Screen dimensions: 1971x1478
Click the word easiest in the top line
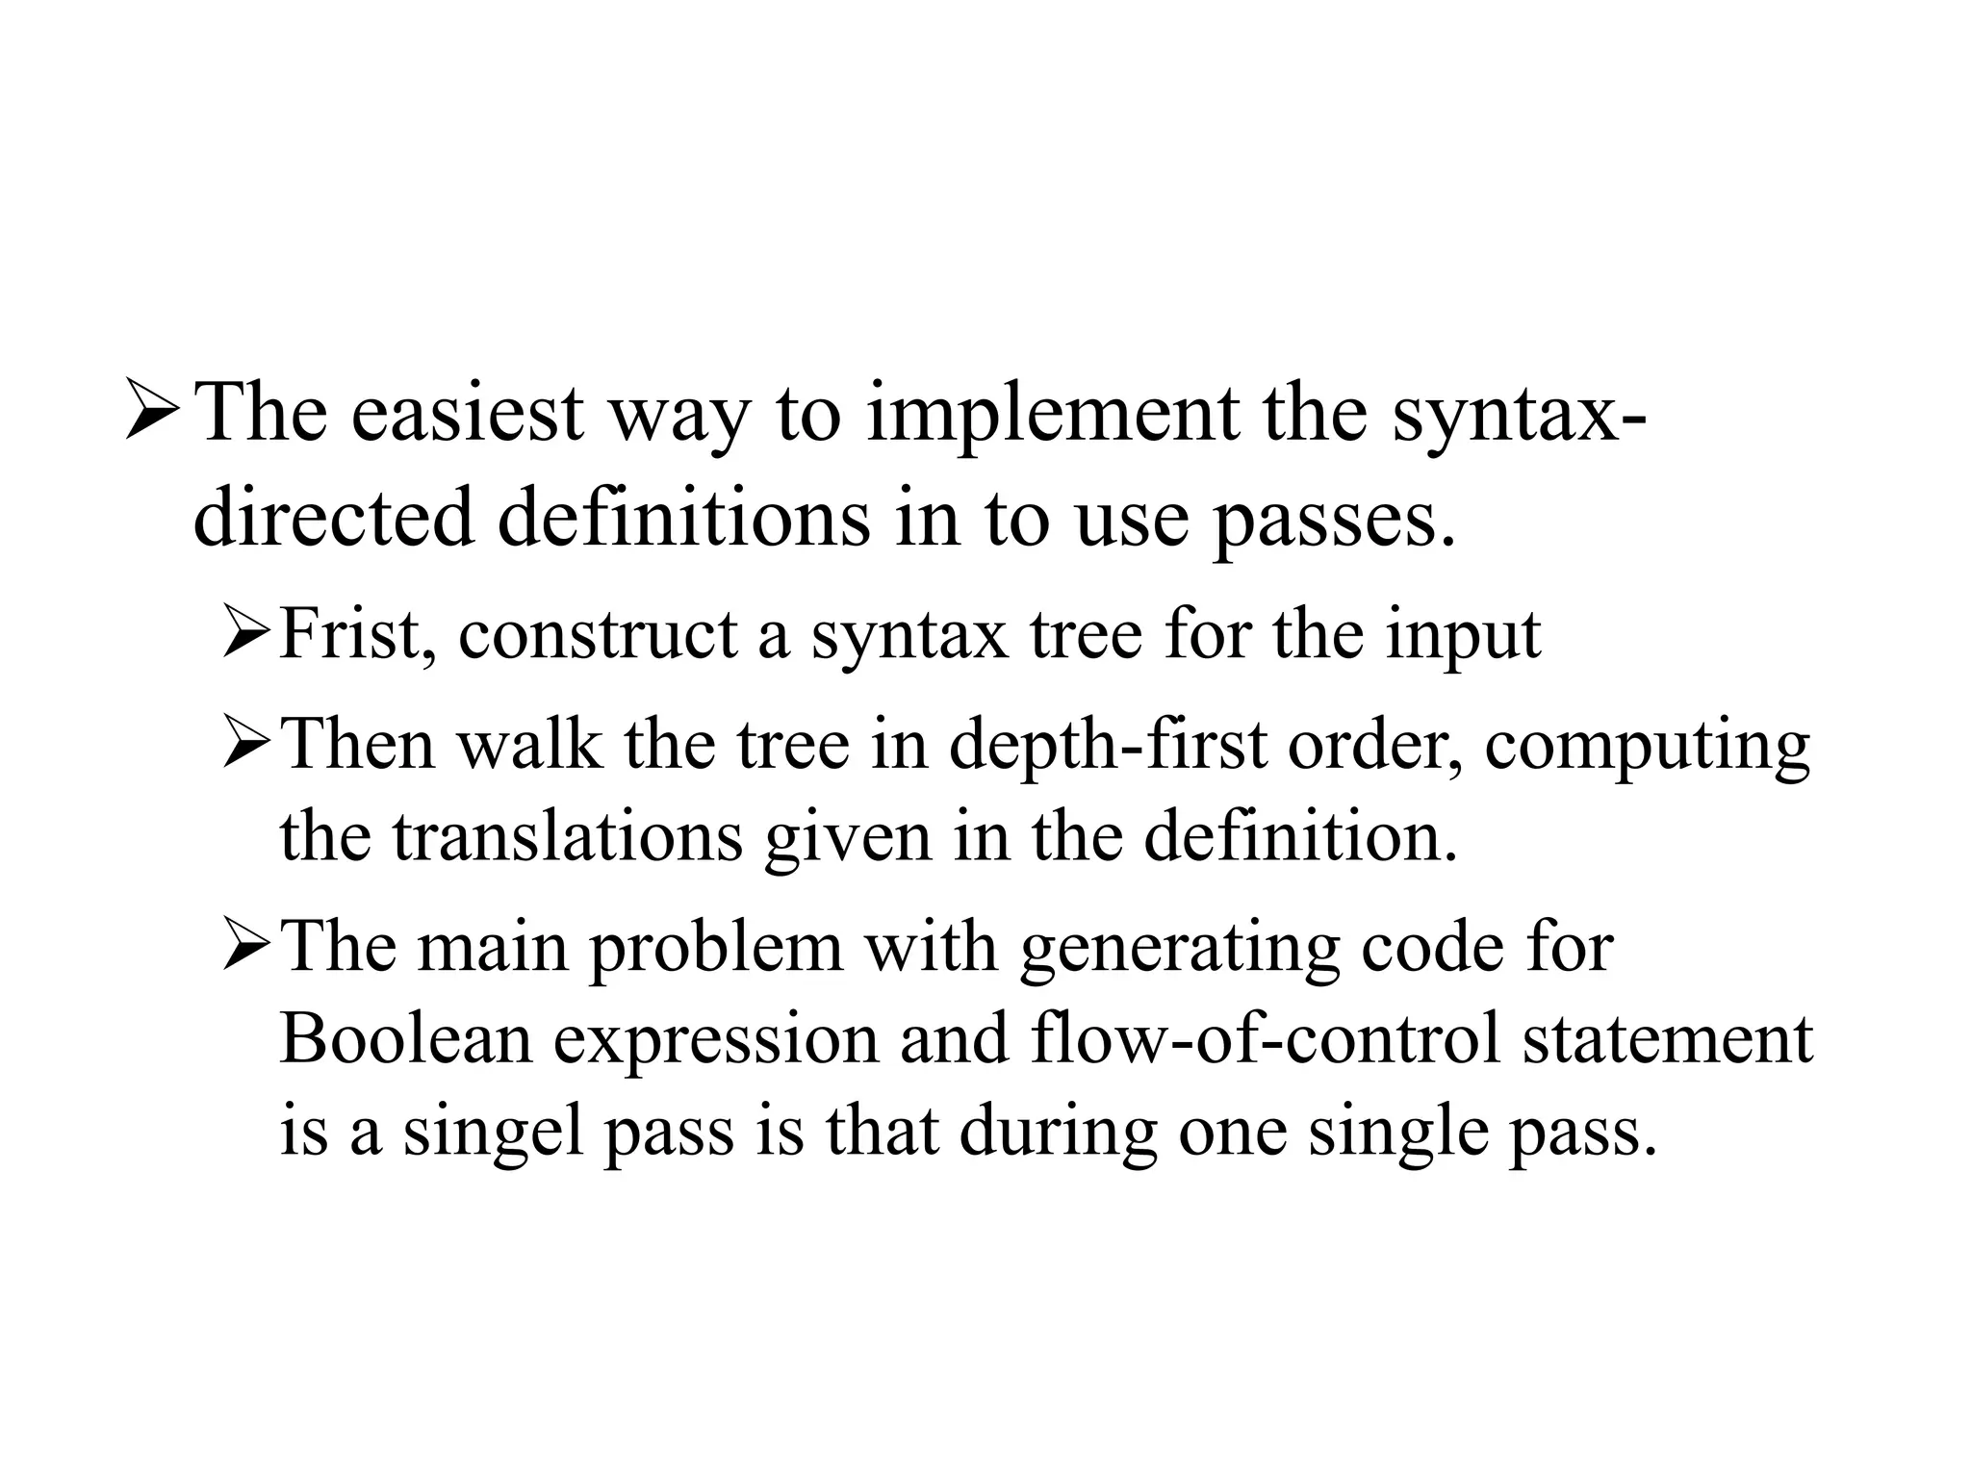466,414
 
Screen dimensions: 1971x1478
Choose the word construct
598,636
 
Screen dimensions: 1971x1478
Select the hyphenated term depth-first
1107,747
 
